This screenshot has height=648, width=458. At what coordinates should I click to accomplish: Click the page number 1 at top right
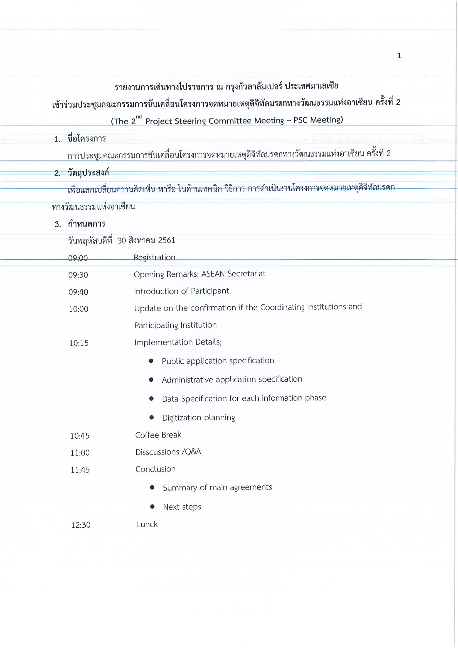point(399,56)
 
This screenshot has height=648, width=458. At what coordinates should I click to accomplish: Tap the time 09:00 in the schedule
point(78,258)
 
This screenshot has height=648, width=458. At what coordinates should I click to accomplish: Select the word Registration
point(154,257)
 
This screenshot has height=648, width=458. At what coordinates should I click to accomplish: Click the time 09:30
point(78,275)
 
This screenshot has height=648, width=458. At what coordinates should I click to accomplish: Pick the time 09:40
point(78,292)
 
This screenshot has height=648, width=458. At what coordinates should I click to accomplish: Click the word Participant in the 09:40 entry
point(210,291)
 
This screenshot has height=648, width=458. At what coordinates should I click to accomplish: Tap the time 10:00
point(78,309)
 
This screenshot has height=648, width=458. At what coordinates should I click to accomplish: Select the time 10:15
point(79,343)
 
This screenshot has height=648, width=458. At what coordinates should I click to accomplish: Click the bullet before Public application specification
point(151,361)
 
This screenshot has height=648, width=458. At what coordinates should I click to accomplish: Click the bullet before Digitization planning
point(151,418)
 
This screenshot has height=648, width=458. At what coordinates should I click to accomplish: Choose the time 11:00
point(80,453)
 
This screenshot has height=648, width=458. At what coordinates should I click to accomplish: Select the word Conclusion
point(155,469)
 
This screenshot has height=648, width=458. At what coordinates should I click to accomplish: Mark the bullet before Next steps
point(152,507)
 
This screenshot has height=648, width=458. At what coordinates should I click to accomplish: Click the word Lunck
point(147,524)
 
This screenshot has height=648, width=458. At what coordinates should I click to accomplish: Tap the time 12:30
point(81,525)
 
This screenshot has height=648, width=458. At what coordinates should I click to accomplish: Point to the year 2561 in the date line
point(166,240)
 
